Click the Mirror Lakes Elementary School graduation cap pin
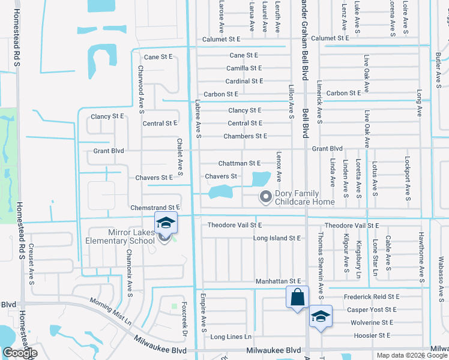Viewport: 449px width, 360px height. coord(166,223)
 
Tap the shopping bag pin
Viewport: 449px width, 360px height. coord(298,297)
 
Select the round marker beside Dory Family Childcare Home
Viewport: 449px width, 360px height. coord(265,196)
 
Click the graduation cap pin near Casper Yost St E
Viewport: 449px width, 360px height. coord(321,316)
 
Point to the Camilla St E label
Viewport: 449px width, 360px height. coord(244,68)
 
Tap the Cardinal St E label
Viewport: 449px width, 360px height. coord(244,81)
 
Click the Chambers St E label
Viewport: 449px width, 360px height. coord(245,136)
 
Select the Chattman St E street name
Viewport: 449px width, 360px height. coord(239,163)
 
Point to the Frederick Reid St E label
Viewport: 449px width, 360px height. coord(372,296)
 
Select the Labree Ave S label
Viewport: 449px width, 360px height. coord(197,119)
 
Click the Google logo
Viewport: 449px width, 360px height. coord(20,353)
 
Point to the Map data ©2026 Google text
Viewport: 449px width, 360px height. coord(411,355)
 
